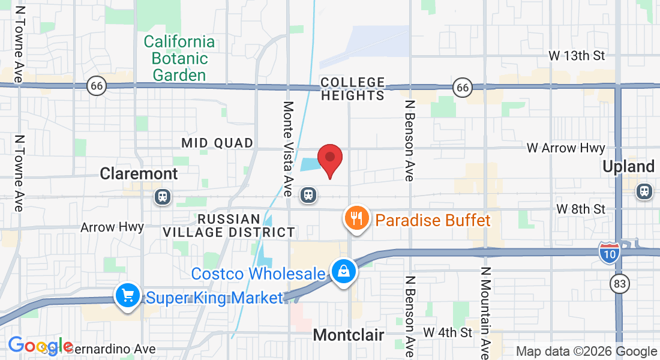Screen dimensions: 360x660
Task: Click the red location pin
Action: [329, 158]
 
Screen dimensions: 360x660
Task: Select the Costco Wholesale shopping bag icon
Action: [344, 272]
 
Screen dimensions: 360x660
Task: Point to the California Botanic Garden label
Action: [179, 58]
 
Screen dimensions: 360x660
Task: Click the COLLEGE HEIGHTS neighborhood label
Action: [352, 88]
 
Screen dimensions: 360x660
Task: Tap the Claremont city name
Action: [139, 173]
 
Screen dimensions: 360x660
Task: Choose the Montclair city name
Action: [349, 335]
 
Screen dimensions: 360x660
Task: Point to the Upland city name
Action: [629, 166]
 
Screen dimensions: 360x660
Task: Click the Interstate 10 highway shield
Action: [609, 253]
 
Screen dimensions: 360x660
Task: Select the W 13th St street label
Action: [577, 55]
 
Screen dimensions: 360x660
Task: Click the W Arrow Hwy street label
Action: [566, 148]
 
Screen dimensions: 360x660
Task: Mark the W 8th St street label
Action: [581, 209]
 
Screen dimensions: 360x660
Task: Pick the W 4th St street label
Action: [448, 332]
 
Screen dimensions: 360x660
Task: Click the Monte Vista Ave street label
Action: [289, 149]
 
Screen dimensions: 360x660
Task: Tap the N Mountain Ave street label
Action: [485, 312]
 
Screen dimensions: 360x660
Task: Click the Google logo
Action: [40, 346]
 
